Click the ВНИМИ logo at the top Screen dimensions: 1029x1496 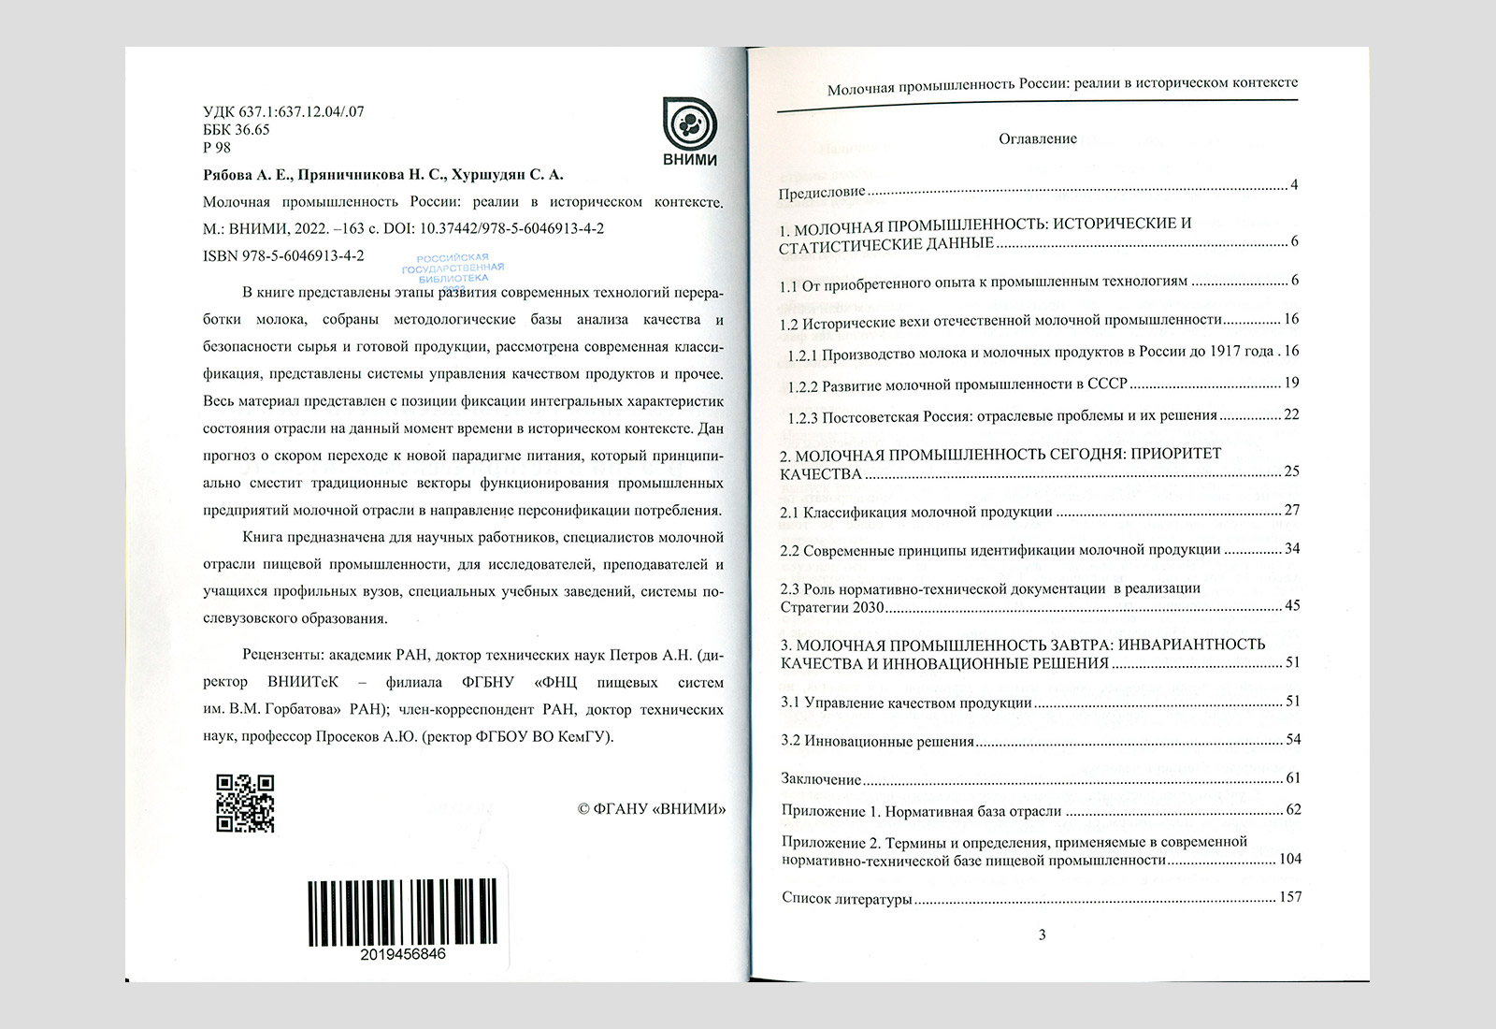689,131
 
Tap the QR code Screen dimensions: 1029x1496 245,804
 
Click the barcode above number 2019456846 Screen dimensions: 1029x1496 401,911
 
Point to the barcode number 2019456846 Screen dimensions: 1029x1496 402,954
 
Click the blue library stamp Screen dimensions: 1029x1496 453,269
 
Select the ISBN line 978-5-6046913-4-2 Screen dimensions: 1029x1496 283,255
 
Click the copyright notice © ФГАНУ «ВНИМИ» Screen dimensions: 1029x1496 652,809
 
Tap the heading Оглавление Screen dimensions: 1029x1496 1038,138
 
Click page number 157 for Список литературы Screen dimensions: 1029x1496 1289,897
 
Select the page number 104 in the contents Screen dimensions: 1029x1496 1289,859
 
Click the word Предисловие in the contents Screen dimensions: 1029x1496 823,193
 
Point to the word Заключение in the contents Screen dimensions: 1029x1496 821,778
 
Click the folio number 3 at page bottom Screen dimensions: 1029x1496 1042,935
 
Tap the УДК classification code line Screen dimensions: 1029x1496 283,111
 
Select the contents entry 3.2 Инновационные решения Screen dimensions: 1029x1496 877,741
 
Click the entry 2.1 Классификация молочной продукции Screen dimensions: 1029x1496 916,512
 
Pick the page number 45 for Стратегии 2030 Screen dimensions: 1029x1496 1291,605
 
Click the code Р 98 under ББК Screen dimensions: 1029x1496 216,147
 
